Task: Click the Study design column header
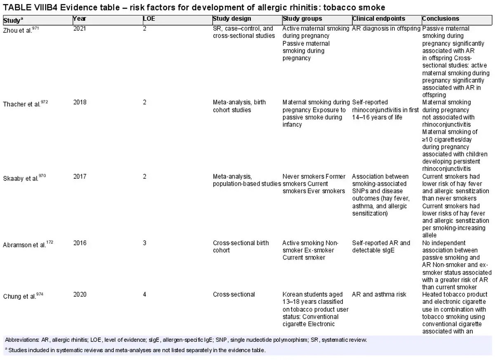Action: (232, 19)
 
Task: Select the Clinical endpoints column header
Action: (379, 19)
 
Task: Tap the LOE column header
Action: (149, 19)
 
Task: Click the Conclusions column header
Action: (441, 19)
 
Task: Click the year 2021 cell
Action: (80, 28)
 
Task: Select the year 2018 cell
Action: (80, 102)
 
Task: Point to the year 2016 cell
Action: (80, 243)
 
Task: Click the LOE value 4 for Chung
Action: (144, 294)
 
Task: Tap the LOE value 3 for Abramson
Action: (144, 243)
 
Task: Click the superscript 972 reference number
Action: (45, 102)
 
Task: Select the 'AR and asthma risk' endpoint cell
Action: (379, 294)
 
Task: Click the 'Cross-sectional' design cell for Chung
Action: (234, 294)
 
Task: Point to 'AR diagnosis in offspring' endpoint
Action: (386, 28)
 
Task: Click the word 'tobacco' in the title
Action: (339, 7)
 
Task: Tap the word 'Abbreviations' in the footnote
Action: (22, 340)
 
